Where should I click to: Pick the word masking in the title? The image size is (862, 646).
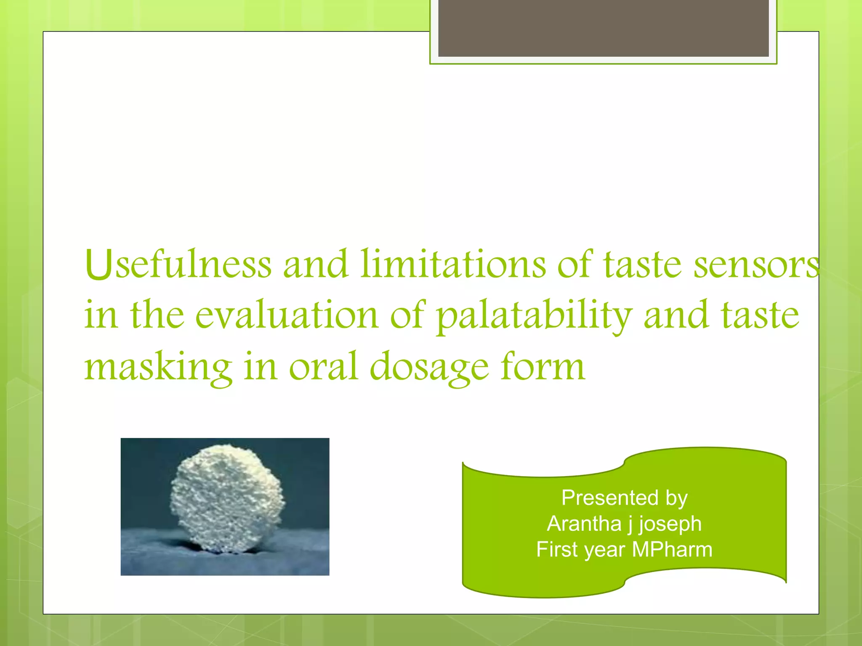158,367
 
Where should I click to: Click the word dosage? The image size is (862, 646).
429,367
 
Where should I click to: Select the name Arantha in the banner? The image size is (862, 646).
584,524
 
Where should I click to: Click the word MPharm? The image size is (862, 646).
672,550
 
